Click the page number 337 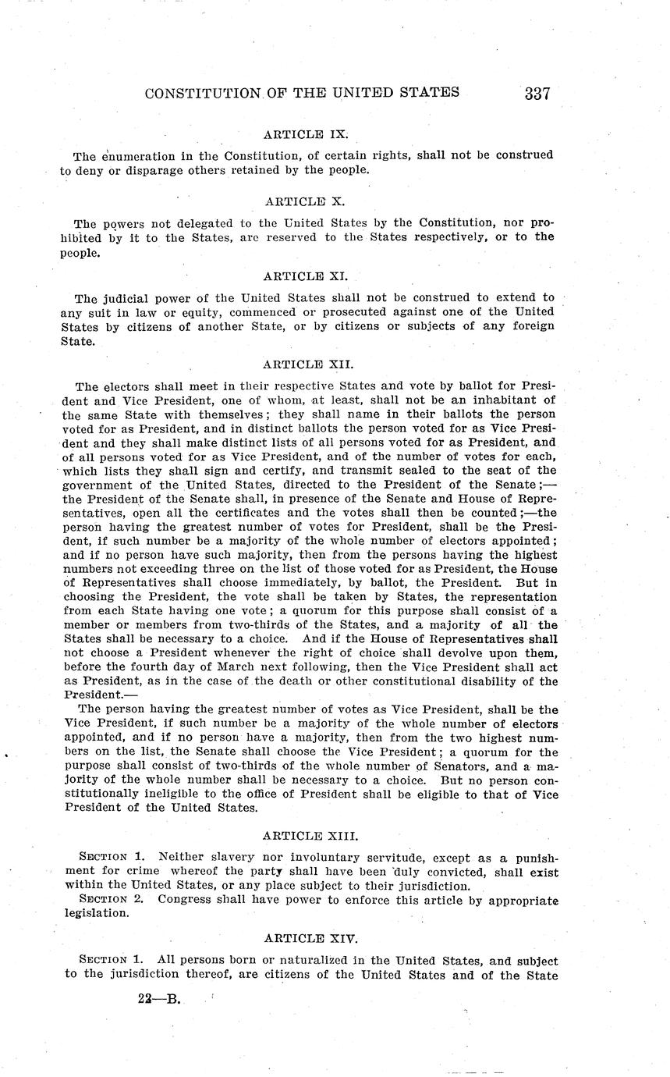pyautogui.click(x=537, y=94)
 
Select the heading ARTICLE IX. pyautogui.click(x=300, y=133)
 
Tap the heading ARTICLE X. pyautogui.click(x=300, y=201)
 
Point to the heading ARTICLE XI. pyautogui.click(x=300, y=275)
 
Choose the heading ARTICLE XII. pyautogui.click(x=300, y=364)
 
